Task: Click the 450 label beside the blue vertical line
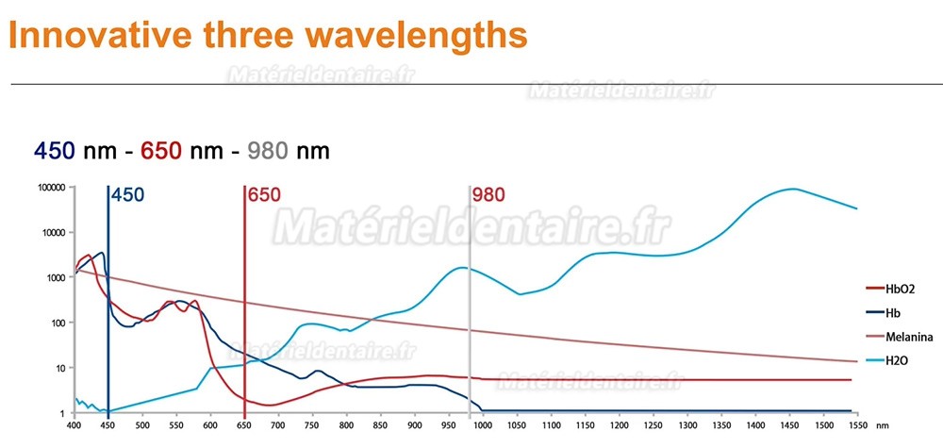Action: tap(128, 195)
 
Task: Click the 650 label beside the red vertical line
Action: tap(264, 195)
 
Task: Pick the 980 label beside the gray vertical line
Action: tap(488, 195)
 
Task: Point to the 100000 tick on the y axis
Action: tap(49, 188)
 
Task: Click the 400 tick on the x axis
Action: tap(74, 425)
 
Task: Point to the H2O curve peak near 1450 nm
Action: tap(792, 189)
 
